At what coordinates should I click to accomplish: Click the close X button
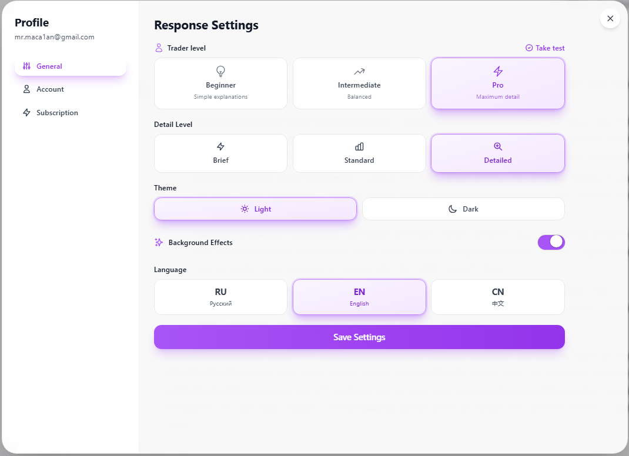click(x=610, y=19)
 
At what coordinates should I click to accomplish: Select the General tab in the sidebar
click(x=71, y=66)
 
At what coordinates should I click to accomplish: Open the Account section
click(x=50, y=89)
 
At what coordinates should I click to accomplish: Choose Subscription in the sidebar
click(x=56, y=113)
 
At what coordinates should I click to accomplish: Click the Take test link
click(x=545, y=48)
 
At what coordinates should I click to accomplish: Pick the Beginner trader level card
click(x=220, y=83)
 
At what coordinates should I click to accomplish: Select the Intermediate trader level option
click(x=359, y=83)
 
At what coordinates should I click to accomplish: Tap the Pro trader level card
click(x=498, y=83)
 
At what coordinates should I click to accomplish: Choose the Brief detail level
click(x=220, y=153)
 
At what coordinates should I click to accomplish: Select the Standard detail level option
click(x=359, y=153)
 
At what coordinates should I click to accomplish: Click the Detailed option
click(x=498, y=153)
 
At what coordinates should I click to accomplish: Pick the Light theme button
click(x=255, y=209)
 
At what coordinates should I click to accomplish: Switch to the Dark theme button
click(x=463, y=209)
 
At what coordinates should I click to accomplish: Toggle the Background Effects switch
click(x=551, y=242)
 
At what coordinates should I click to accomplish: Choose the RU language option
click(x=220, y=297)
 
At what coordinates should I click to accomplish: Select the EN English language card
click(x=359, y=297)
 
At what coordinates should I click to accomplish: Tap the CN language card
click(x=498, y=297)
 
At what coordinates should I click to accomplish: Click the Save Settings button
click(x=359, y=337)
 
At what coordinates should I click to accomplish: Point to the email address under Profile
click(x=55, y=37)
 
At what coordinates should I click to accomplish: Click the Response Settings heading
click(x=206, y=25)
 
